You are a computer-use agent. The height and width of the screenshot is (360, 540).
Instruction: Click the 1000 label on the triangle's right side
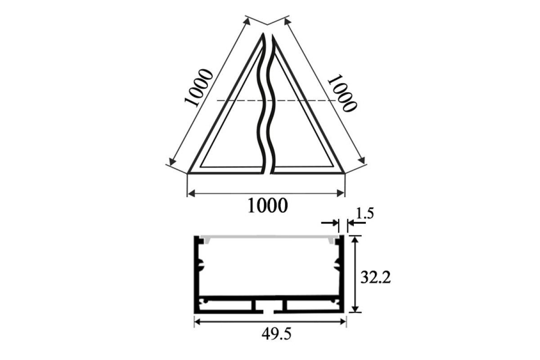pyautogui.click(x=342, y=93)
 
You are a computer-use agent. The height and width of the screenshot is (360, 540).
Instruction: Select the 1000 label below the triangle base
pyautogui.click(x=268, y=206)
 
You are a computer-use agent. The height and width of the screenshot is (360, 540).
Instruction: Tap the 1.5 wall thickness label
pyautogui.click(x=365, y=214)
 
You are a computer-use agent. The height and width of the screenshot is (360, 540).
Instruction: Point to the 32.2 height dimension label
pyautogui.click(x=375, y=278)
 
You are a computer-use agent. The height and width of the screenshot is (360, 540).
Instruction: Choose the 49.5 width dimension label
pyautogui.click(x=276, y=334)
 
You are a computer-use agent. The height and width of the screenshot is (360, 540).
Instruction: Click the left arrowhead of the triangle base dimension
pyautogui.click(x=191, y=193)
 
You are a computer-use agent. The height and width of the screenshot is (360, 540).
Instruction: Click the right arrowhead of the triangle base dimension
pyautogui.click(x=341, y=193)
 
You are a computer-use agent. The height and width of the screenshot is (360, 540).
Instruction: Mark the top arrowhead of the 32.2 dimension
pyautogui.click(x=355, y=239)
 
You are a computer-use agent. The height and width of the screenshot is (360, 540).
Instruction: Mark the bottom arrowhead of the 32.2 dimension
pyautogui.click(x=355, y=308)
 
